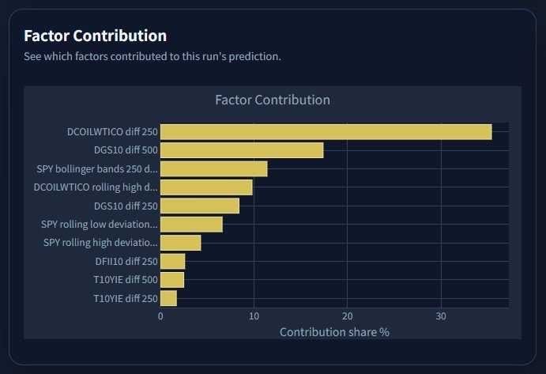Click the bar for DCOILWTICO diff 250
pyautogui.click(x=326, y=132)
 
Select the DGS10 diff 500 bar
pyautogui.click(x=242, y=150)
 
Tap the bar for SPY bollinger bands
pyautogui.click(x=214, y=168)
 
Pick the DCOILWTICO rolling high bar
pyautogui.click(x=206, y=187)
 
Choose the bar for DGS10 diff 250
pyautogui.click(x=200, y=206)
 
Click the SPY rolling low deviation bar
pyautogui.click(x=191, y=224)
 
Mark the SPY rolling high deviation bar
pyautogui.click(x=181, y=243)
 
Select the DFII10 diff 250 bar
pyautogui.click(x=173, y=262)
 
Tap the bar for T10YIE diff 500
pyautogui.click(x=172, y=280)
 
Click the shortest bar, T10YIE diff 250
pyautogui.click(x=168, y=298)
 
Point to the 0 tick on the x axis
pyautogui.click(x=160, y=316)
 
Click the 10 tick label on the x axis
pyautogui.click(x=254, y=316)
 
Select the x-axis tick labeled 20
pyautogui.click(x=347, y=316)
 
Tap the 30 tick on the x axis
pyautogui.click(x=441, y=316)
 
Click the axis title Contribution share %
pyautogui.click(x=334, y=332)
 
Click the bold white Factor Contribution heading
pyautogui.click(x=96, y=36)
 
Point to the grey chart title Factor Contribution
pyautogui.click(x=273, y=100)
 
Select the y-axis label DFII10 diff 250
pyautogui.click(x=126, y=262)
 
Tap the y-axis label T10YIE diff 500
pyautogui.click(x=126, y=280)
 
